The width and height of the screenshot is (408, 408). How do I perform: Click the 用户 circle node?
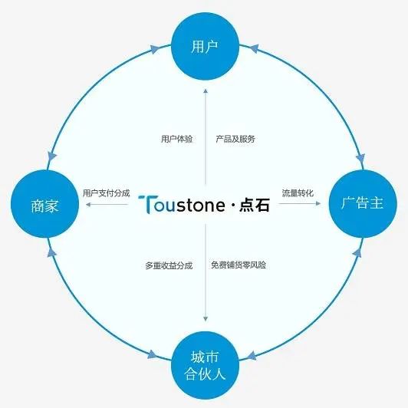pos(205,46)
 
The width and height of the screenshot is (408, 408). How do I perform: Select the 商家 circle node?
pos(44,204)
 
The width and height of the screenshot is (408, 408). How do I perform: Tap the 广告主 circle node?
pos(363,204)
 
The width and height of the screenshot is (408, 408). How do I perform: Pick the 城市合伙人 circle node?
pos(205,365)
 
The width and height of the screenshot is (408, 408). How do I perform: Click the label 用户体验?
pos(176,139)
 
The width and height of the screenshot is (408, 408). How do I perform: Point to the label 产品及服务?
pos(235,139)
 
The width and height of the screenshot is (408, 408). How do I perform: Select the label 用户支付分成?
pos(106,193)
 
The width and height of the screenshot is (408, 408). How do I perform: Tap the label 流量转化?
pos(298,193)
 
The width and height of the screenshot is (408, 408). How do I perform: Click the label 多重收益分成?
pos(169,265)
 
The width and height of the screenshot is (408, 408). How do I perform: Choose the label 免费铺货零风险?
pos(239,265)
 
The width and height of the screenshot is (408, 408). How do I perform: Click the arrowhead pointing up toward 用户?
pos(206,90)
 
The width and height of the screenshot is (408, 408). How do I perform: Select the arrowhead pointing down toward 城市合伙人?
pos(206,319)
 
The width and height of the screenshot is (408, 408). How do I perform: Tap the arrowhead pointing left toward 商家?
pos(88,204)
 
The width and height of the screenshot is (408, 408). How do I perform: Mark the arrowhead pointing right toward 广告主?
pos(318,203)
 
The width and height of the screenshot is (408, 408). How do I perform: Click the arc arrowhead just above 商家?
pos(52,157)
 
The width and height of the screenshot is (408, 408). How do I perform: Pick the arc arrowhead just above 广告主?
pos(360,158)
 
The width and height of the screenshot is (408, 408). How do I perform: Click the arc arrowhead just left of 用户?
pos(154,49)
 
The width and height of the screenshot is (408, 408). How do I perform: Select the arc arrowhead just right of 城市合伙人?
pos(252,356)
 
